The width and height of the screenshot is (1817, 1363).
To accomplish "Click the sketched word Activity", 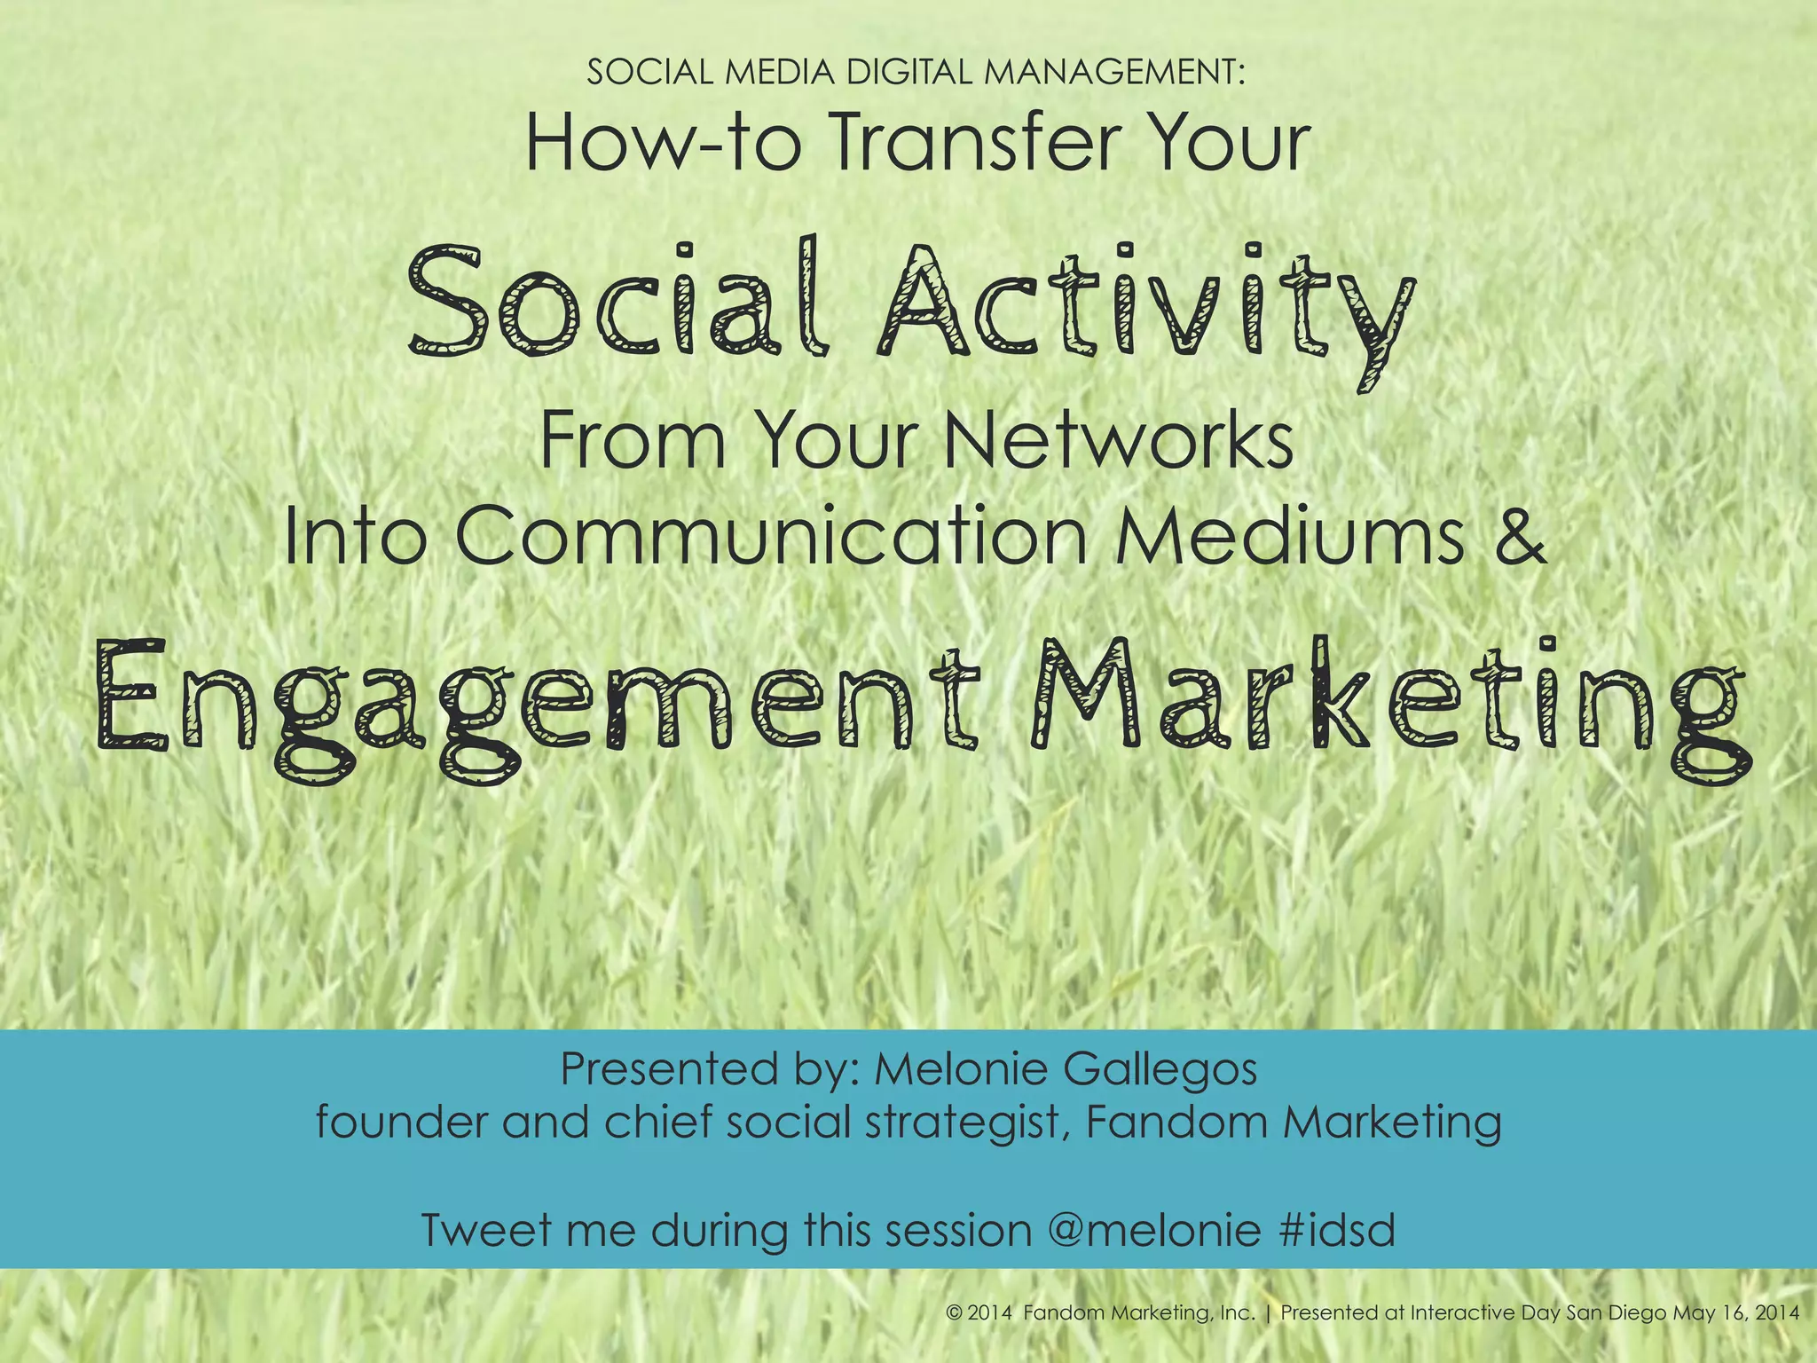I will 1144,306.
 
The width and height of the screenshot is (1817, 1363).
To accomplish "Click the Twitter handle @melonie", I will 1153,1231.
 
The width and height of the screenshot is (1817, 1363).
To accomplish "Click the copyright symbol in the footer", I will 955,1313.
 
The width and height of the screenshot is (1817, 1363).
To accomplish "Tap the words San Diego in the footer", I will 1616,1313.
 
